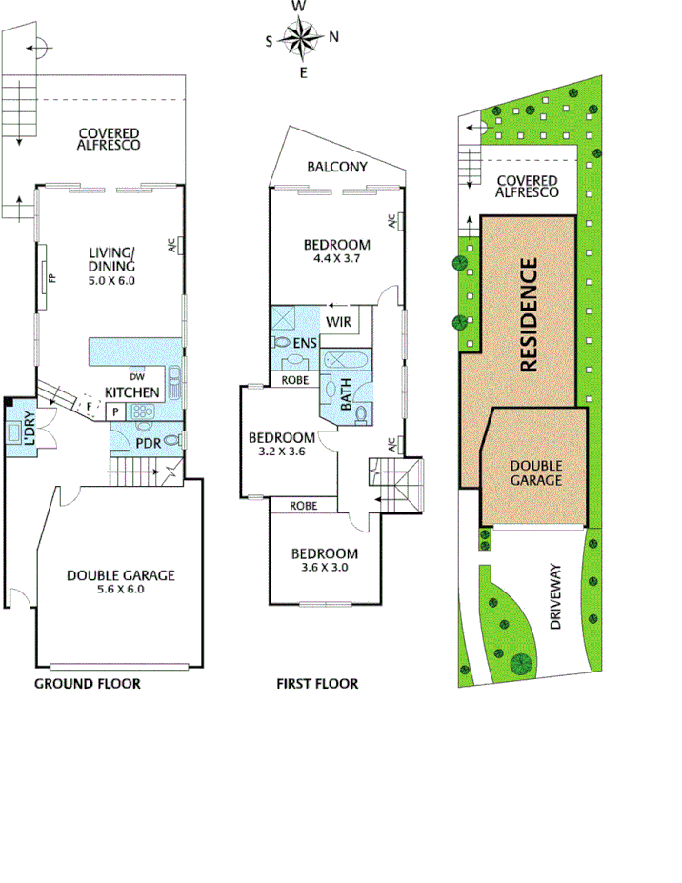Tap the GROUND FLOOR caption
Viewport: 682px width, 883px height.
(88, 683)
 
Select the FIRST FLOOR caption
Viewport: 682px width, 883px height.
(317, 683)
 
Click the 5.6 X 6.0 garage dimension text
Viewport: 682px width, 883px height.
(120, 589)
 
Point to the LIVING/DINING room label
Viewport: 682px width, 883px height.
(111, 258)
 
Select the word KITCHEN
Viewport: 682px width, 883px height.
(131, 392)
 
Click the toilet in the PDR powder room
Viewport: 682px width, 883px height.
(169, 440)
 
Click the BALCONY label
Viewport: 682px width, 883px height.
(336, 167)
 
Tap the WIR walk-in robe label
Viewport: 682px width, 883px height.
(339, 322)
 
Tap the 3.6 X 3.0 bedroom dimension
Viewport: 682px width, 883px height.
(324, 569)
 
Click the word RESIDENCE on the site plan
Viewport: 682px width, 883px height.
(530, 314)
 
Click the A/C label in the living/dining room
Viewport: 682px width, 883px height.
(171, 246)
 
